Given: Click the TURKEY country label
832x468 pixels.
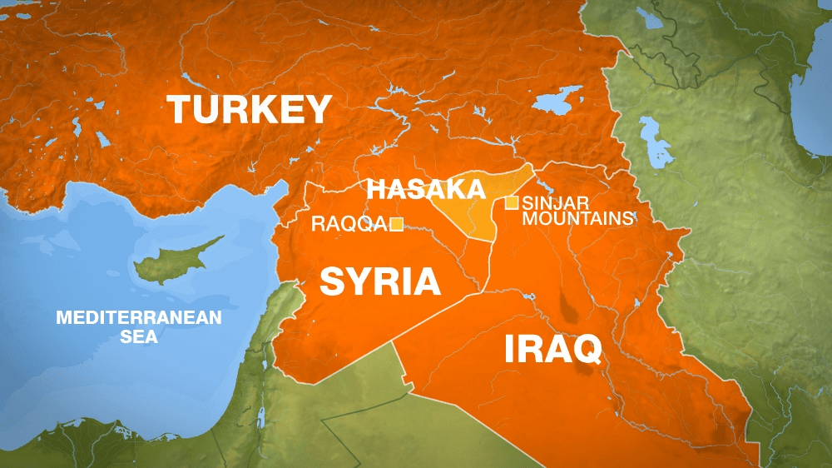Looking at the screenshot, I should (250, 110).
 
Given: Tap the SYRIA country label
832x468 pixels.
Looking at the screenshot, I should (379, 281).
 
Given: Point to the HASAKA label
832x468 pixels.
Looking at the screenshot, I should (426, 189).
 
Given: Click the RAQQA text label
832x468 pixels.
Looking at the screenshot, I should (348, 223).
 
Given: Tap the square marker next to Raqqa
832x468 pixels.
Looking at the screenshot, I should (397, 223).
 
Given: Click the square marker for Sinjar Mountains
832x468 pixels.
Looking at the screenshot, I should (511, 202).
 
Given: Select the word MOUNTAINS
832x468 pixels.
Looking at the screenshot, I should (577, 218).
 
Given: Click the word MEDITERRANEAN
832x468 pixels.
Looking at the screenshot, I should (138, 317).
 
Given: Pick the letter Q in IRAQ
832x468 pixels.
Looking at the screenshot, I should (584, 350).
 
